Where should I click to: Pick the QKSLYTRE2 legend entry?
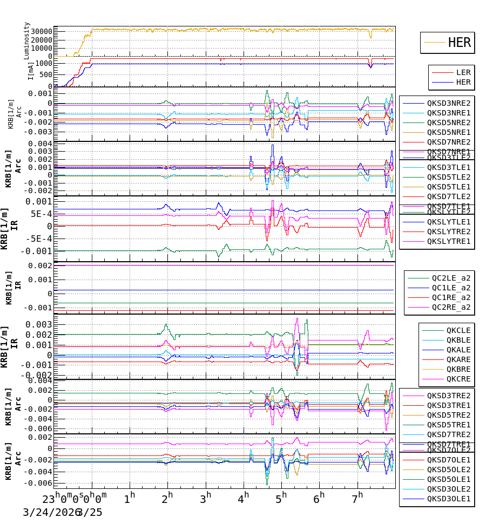449,232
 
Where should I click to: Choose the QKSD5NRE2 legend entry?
449,122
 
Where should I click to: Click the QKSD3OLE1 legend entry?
449,499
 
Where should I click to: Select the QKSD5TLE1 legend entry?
449,187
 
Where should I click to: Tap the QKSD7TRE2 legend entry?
449,434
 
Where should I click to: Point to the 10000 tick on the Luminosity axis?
41,48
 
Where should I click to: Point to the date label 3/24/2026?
49,512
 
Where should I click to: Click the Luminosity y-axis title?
27,40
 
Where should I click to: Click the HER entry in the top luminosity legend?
459,43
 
